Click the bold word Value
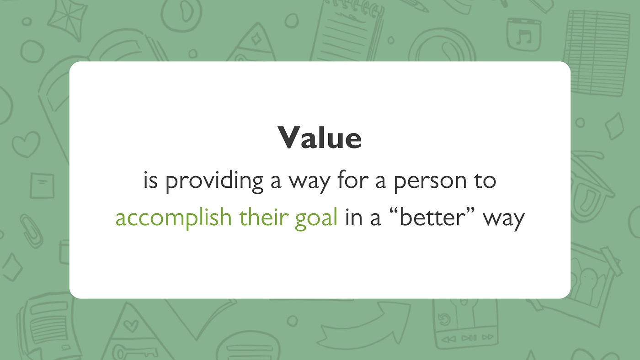click(x=320, y=138)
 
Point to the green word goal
click(x=316, y=218)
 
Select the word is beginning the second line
click(x=150, y=181)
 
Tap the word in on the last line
click(x=354, y=217)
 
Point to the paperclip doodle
click(x=32, y=231)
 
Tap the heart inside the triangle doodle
click(x=131, y=325)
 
